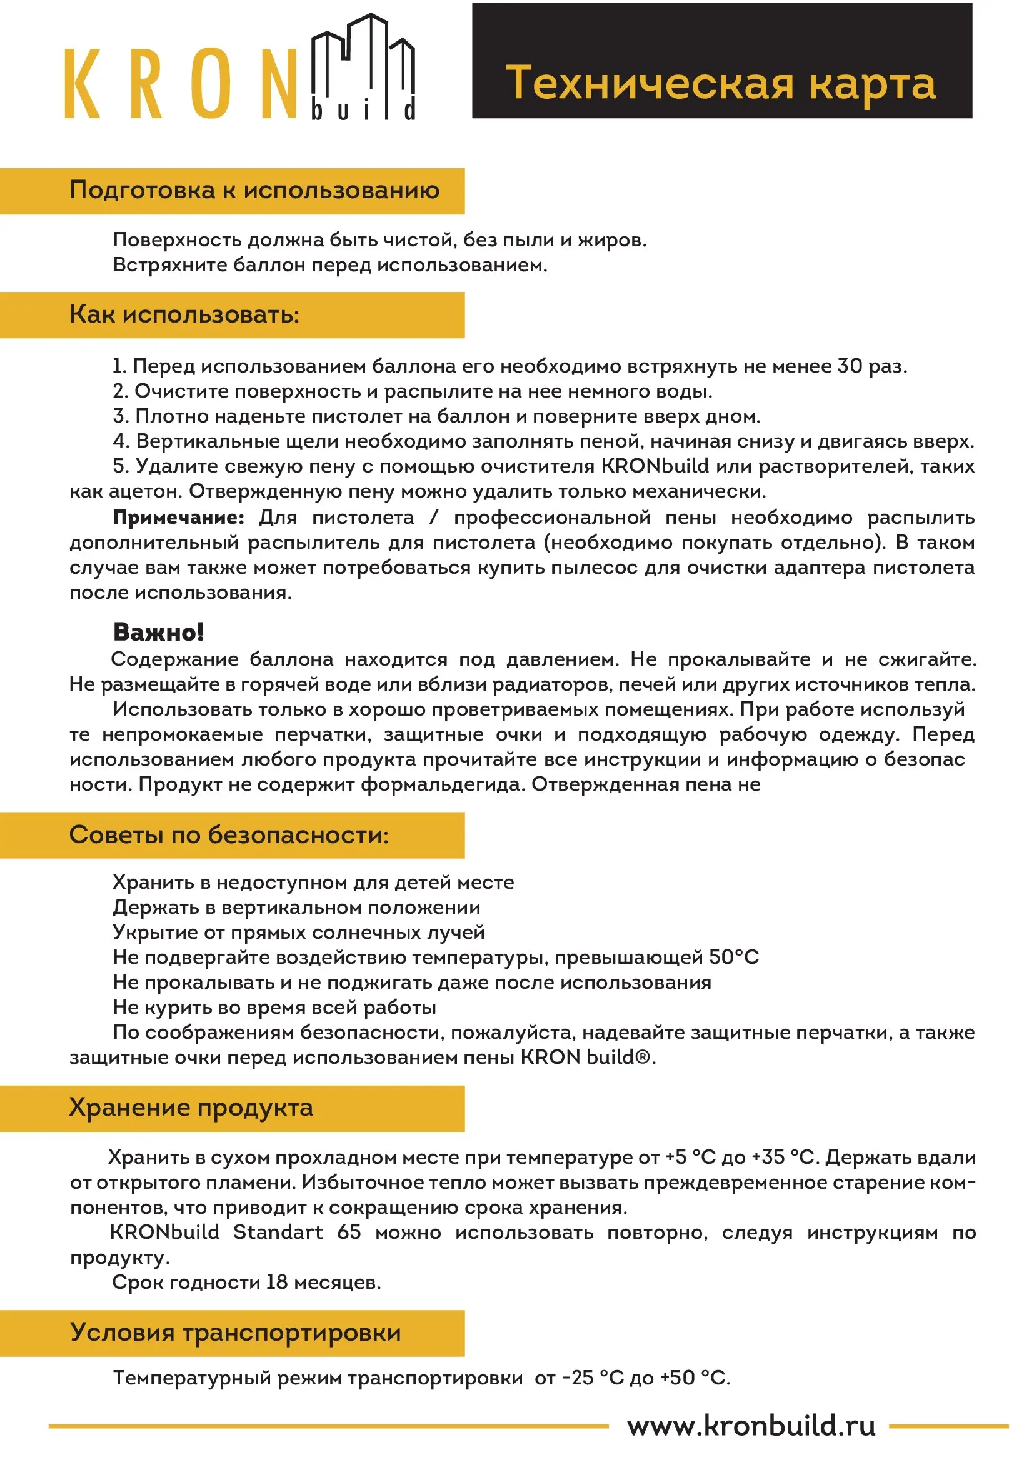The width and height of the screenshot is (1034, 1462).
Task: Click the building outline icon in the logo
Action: click(363, 58)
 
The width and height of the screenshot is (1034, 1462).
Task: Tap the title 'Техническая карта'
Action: click(721, 83)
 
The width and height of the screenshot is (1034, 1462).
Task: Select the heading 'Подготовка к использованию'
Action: click(254, 191)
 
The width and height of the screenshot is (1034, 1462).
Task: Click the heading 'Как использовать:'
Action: click(184, 314)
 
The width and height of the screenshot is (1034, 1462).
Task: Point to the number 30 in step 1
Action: click(850, 366)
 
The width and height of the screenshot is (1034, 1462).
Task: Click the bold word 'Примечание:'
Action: click(178, 517)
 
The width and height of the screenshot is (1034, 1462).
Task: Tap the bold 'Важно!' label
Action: click(159, 633)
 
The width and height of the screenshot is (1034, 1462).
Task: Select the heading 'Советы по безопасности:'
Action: click(229, 835)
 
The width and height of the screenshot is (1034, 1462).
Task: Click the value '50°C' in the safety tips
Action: click(733, 957)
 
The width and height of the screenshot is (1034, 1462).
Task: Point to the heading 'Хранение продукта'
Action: click(191, 1108)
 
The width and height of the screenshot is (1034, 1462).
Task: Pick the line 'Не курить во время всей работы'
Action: click(274, 1008)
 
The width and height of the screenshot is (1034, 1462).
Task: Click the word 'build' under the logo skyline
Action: click(364, 110)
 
